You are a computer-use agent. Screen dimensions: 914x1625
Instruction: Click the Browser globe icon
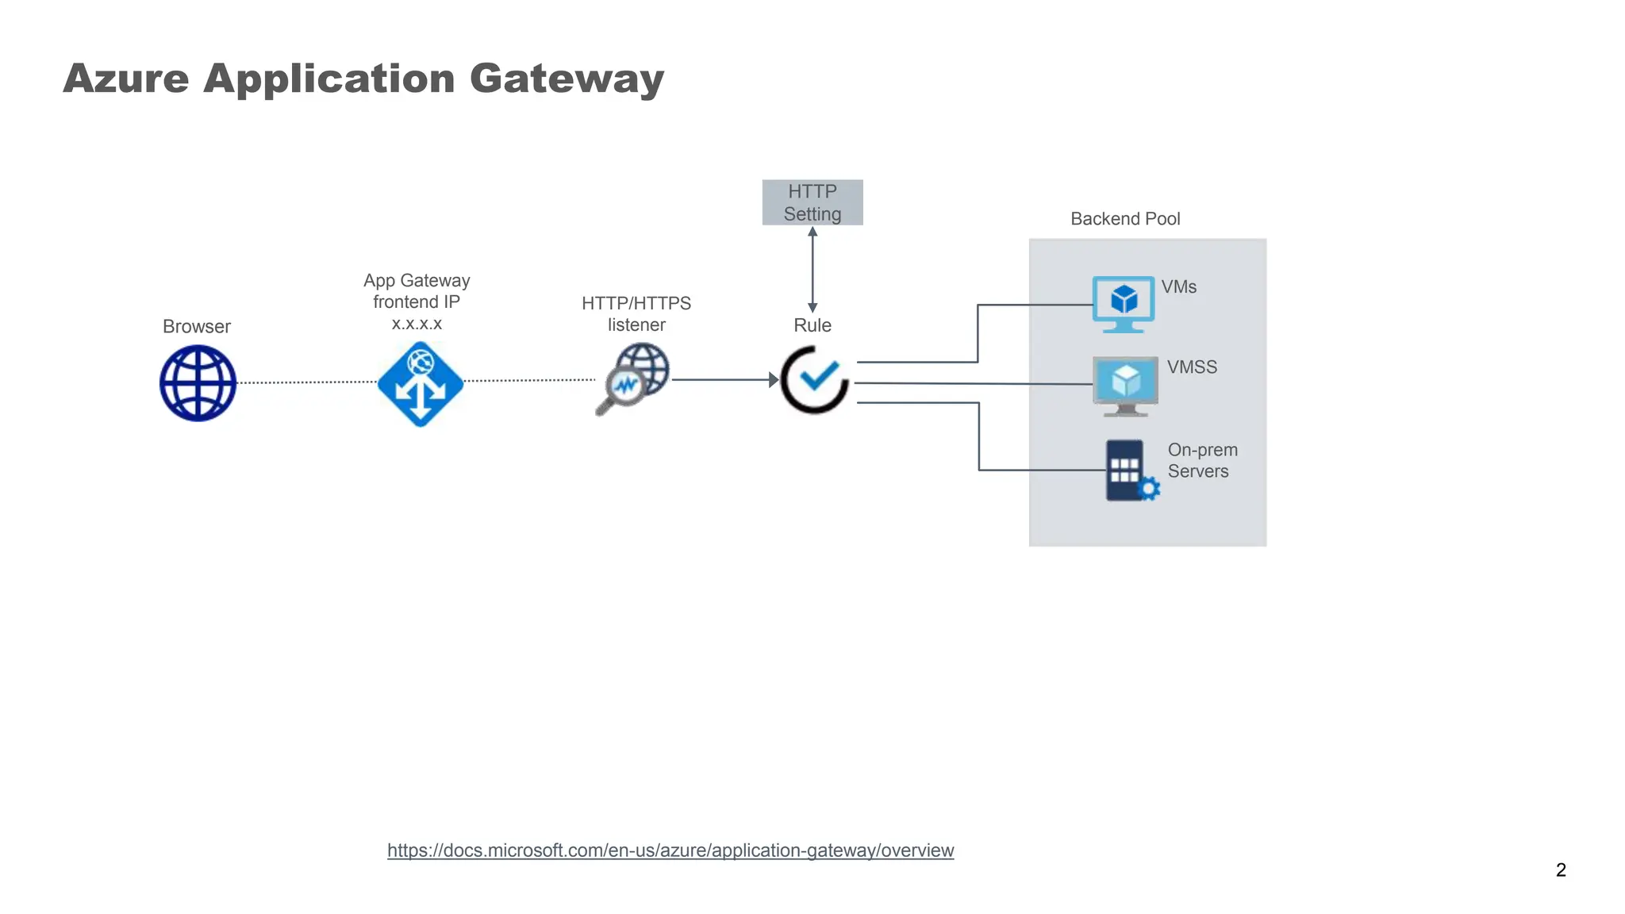tap(198, 384)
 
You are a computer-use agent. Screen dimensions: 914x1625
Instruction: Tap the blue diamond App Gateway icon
tap(421, 384)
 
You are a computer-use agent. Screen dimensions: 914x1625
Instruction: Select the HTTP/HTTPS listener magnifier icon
tap(634, 378)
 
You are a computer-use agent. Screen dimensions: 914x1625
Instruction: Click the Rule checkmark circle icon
tap(815, 379)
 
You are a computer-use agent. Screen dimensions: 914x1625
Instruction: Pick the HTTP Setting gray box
tap(812, 202)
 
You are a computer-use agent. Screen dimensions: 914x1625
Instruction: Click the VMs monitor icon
tap(1124, 303)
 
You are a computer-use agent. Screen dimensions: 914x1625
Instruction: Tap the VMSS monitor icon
tap(1125, 386)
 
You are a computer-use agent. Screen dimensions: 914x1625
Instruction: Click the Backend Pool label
tap(1125, 219)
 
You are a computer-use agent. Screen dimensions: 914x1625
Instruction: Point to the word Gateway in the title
tap(567, 79)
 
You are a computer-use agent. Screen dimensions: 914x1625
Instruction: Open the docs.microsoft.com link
tap(670, 851)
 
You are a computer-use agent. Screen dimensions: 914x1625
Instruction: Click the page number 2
tap(1561, 870)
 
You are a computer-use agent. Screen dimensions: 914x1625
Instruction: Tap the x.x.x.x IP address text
tap(417, 324)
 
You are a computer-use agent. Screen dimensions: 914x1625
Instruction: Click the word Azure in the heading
tap(126, 79)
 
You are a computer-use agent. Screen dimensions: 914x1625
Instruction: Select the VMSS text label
tap(1192, 367)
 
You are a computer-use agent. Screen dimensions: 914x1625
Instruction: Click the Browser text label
tap(197, 327)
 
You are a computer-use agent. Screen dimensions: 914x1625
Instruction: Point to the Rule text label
tap(812, 325)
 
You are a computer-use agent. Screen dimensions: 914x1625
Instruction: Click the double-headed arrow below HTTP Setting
tap(812, 270)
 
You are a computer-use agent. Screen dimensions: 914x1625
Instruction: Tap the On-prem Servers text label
tap(1201, 460)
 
